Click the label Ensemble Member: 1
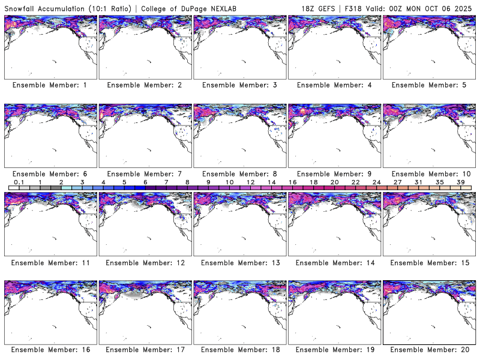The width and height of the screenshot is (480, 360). (x=50, y=85)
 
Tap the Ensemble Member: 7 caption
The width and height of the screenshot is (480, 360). (x=144, y=174)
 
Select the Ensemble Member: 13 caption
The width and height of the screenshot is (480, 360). (x=239, y=263)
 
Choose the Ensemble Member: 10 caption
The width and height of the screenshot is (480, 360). (x=428, y=174)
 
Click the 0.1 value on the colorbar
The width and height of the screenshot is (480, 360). (x=19, y=182)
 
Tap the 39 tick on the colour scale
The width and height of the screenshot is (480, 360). (x=461, y=182)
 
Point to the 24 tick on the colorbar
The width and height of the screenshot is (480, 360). (x=377, y=182)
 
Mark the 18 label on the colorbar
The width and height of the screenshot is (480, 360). (x=313, y=182)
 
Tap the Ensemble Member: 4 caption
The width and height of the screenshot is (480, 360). (x=334, y=85)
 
